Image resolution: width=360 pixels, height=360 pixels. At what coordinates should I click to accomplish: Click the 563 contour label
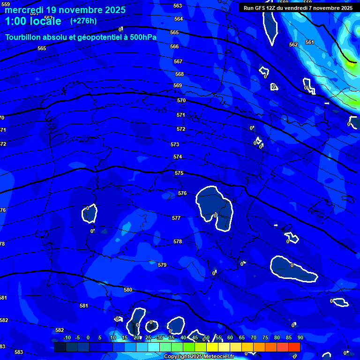178,6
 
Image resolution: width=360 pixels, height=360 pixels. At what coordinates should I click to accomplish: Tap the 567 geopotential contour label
178,62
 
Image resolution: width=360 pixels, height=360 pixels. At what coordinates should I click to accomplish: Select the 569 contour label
178,86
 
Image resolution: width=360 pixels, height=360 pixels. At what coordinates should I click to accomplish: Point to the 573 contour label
175,145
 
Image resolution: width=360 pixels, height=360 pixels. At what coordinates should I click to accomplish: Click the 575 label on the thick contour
179,173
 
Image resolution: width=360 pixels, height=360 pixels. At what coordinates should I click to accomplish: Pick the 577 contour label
176,218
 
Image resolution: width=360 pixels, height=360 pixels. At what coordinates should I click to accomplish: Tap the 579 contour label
162,265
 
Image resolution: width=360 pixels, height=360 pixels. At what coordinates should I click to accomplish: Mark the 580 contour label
128,290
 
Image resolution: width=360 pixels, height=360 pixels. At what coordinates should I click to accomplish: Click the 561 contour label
310,43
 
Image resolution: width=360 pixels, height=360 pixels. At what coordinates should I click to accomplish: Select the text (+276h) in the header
83,21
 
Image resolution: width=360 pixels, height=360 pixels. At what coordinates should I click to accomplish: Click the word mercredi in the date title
23,10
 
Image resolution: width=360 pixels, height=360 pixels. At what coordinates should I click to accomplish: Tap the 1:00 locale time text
33,21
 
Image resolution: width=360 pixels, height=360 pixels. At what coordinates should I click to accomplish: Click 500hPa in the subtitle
142,37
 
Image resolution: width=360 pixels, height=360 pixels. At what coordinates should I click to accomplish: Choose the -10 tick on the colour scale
67,338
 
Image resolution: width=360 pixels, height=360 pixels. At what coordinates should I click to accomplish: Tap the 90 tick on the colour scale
300,338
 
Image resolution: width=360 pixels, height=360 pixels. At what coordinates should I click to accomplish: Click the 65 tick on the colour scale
241,338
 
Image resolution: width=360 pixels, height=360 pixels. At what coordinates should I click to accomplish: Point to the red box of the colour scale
294,347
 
